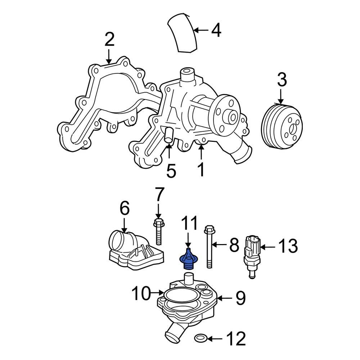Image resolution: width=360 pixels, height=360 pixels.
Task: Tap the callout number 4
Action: (216, 31)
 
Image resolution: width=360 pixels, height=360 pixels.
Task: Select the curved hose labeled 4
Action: (183, 32)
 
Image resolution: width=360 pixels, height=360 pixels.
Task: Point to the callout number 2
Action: (109, 39)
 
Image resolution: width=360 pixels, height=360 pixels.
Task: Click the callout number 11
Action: (189, 224)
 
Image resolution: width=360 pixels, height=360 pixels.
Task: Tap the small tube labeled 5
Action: (168, 136)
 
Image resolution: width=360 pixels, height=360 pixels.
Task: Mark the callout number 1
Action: (201, 169)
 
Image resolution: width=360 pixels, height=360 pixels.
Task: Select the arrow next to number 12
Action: (214, 338)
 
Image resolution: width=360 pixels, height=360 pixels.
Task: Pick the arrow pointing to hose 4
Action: (202, 31)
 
